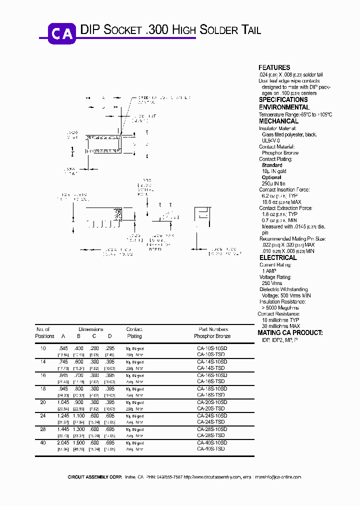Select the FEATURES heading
coord(274,67)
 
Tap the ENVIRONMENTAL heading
coord(284,107)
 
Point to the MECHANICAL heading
coord(278,121)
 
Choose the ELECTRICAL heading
coord(277,258)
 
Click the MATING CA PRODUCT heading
coord(290,333)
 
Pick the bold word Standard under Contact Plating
coord(272,165)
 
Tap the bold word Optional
coord(271,177)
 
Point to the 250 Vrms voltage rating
coord(272,283)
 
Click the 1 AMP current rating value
coord(269,270)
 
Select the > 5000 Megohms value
coord(278,308)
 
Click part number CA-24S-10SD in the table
coord(212,415)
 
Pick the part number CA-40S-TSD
coord(211,448)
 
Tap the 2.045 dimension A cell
coord(63,442)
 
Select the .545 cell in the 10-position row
coord(63,348)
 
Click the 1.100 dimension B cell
coord(79,415)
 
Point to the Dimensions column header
coord(90,329)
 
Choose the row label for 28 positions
coord(43,429)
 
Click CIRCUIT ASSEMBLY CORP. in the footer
coord(94,477)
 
